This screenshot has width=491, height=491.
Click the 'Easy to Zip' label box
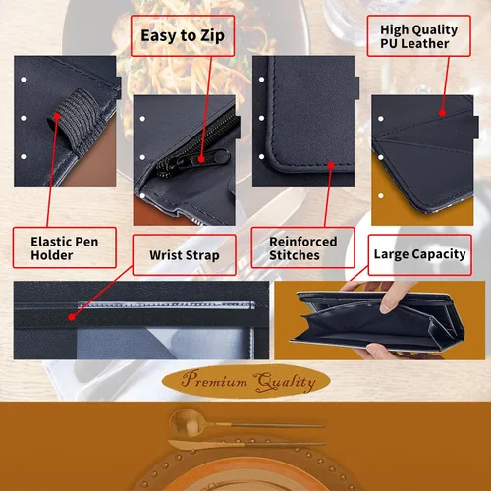pyautogui.click(x=183, y=35)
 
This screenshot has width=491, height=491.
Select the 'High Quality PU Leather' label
pyautogui.click(x=419, y=36)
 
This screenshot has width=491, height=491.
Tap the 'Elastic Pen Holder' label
pyautogui.click(x=65, y=247)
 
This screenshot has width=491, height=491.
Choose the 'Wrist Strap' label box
pyautogui.click(x=185, y=255)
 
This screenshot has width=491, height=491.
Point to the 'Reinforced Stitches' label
pyautogui.click(x=303, y=247)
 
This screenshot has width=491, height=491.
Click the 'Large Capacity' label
pyautogui.click(x=420, y=254)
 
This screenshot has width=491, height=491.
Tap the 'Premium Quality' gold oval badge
pyautogui.click(x=246, y=381)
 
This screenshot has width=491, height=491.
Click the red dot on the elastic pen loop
pyautogui.click(x=57, y=116)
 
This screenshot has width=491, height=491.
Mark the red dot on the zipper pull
pyautogui.click(x=201, y=159)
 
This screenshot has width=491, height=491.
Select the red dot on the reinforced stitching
pyautogui.click(x=331, y=165)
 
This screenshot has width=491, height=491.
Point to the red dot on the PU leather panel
pyautogui.click(x=442, y=113)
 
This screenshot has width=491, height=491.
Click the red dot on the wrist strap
pyautogui.click(x=72, y=317)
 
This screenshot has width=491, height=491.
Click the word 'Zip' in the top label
pyautogui.click(x=212, y=36)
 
